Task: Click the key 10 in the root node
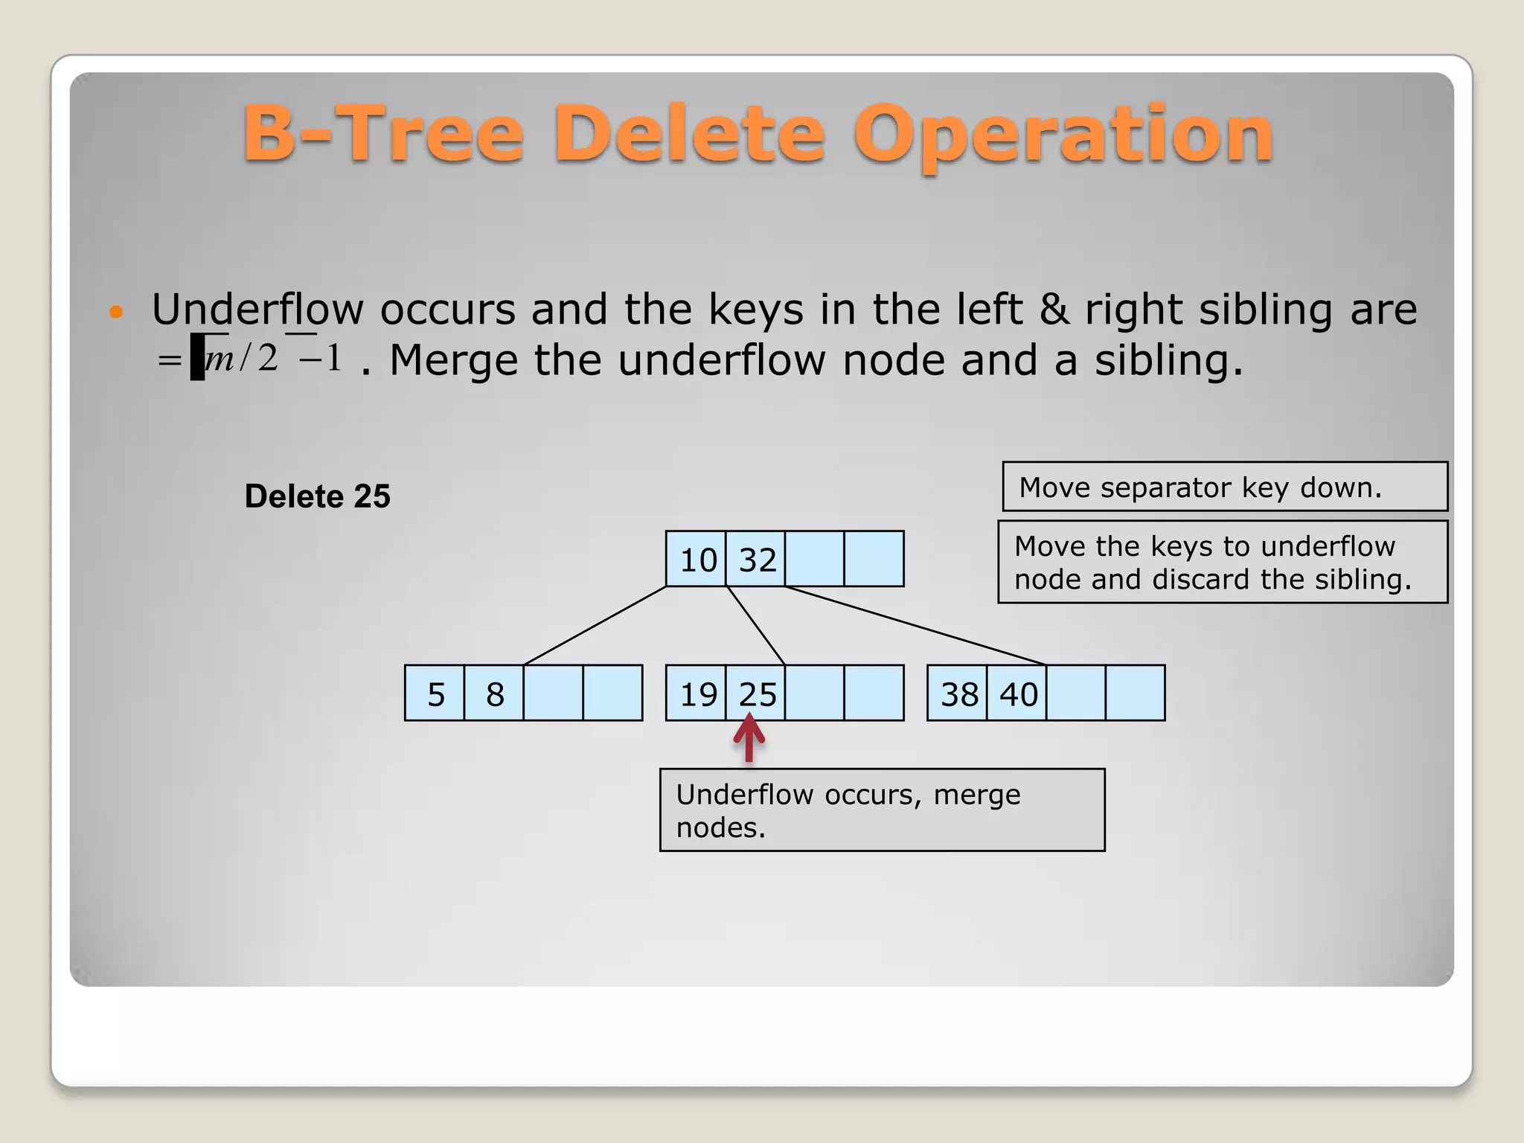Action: pos(697,560)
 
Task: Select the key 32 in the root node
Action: pos(757,560)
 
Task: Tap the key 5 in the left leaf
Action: pos(435,694)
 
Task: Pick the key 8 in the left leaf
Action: pos(495,694)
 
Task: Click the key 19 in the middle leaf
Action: pos(697,694)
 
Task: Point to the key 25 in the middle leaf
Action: pos(757,694)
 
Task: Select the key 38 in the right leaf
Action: pos(958,694)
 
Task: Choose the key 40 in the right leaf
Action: pos(1018,694)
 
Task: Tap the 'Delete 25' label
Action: pos(318,496)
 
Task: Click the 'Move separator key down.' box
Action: pos(1224,487)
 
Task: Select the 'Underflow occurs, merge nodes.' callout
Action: pos(882,810)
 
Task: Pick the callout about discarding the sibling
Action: pos(1222,563)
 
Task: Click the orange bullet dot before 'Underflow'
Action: pos(115,311)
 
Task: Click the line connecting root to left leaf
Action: pos(595,625)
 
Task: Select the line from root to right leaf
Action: pos(915,625)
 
